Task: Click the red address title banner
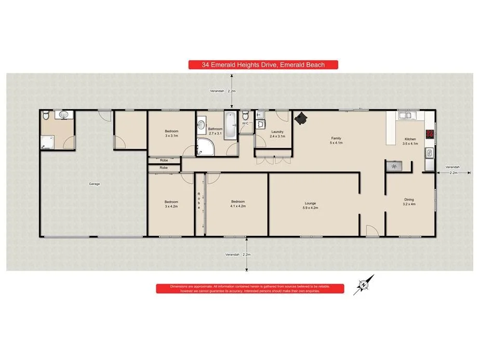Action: click(263, 65)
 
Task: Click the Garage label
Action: click(94, 184)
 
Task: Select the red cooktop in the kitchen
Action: click(430, 134)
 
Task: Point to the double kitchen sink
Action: click(406, 116)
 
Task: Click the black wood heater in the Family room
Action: click(301, 119)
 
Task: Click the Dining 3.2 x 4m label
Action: click(410, 202)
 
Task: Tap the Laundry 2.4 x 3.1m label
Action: click(277, 134)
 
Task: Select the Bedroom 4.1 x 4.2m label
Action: click(238, 204)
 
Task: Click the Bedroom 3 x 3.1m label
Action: click(172, 133)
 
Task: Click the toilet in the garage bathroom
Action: click(46, 115)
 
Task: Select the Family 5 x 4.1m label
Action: click(337, 140)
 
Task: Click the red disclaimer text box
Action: click(249, 289)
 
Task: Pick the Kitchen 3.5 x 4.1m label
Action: click(410, 141)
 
